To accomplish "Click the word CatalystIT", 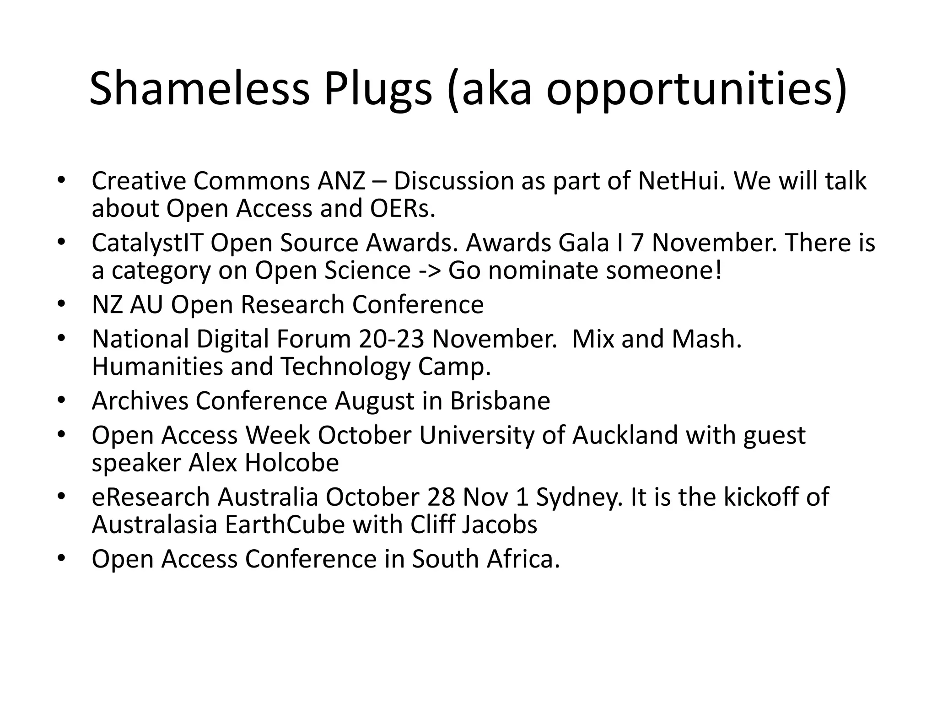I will [147, 243].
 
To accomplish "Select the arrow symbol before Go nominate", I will [430, 270].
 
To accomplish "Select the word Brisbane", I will [500, 401].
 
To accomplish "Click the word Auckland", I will [625, 435].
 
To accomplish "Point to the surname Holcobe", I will [291, 463].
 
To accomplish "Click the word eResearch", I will [151, 497].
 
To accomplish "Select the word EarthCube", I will [285, 525].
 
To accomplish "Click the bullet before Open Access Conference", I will [61, 558].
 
